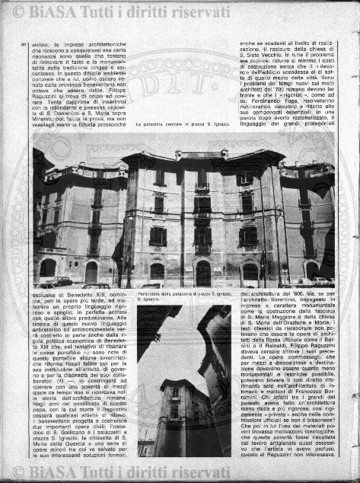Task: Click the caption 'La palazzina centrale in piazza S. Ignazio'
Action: pos(184,123)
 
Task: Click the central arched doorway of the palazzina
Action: pos(203,272)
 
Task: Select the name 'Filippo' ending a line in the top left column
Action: pos(113,88)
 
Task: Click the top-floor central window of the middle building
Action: pos(202,178)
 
